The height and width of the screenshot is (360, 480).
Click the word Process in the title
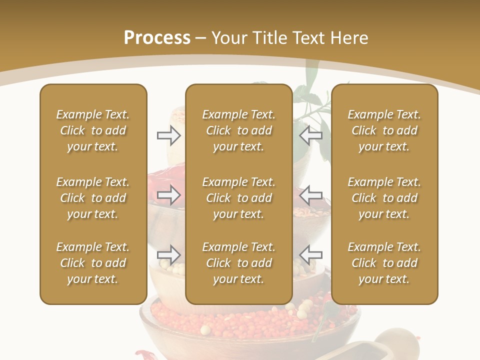tap(157, 38)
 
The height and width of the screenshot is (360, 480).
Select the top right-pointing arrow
tap(169, 135)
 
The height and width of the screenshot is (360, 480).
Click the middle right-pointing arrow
tap(169, 195)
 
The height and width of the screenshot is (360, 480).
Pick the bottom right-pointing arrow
tap(169, 254)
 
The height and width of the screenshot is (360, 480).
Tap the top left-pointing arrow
tap(310, 135)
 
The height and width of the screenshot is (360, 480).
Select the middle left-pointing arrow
tap(310, 195)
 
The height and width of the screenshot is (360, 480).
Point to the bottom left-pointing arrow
tap(310, 254)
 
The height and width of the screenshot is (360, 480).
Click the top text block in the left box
tap(93, 130)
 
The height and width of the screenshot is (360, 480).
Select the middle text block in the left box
tap(93, 198)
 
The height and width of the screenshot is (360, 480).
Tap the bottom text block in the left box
tap(93, 263)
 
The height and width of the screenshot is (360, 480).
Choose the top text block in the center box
tap(238, 130)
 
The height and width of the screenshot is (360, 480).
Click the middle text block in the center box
tap(238, 198)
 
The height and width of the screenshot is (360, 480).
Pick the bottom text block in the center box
tap(238, 263)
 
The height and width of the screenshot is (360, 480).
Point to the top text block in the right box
tap(384, 130)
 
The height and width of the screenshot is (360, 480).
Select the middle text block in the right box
tap(384, 198)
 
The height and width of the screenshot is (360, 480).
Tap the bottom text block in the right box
tap(384, 263)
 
